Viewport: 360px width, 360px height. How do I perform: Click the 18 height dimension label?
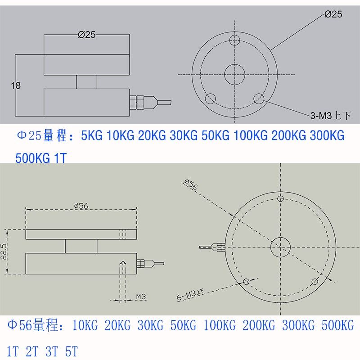pyautogui.click(x=16, y=85)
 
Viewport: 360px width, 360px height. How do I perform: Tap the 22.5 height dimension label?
pyautogui.click(x=4, y=252)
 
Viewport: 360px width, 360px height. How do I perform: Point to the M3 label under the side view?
pyautogui.click(x=141, y=297)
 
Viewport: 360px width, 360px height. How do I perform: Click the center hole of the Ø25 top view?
pyautogui.click(x=234, y=75)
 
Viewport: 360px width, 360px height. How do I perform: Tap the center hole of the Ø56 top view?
pyautogui.click(x=280, y=247)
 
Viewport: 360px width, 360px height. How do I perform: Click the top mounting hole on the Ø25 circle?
pyautogui.click(x=234, y=41)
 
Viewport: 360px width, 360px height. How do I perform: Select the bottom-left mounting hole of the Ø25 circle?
pyautogui.click(x=210, y=99)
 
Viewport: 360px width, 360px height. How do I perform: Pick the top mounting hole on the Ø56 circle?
pyautogui.click(x=280, y=198)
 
